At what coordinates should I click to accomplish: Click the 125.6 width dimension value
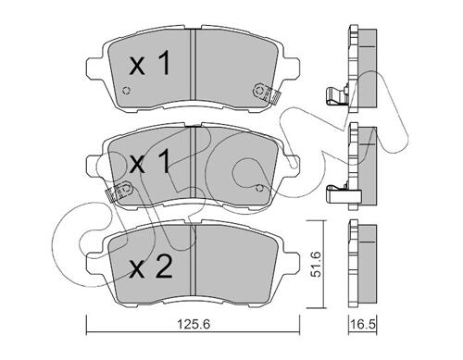[x=194, y=324]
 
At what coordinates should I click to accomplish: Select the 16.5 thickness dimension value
[x=363, y=324]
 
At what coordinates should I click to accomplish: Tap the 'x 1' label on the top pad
[x=150, y=63]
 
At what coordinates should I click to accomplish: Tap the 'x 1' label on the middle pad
[x=150, y=161]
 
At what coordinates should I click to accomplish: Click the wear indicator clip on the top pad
[x=265, y=93]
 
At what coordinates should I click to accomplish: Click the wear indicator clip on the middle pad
[x=119, y=192]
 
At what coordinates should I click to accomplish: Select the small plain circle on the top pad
[x=126, y=91]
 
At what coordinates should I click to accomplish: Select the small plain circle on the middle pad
[x=259, y=188]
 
